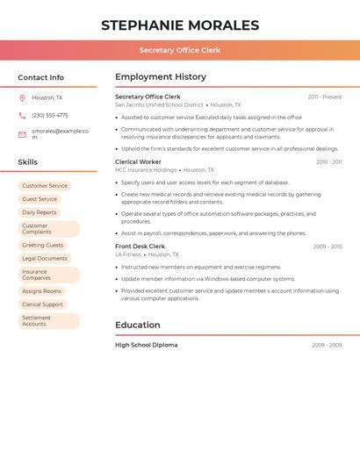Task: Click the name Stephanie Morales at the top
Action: [180, 25]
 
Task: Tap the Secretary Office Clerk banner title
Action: [180, 50]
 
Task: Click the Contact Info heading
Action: [41, 77]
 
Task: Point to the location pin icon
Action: [22, 98]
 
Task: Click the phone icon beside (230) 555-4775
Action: [22, 115]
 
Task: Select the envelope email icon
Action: [22, 134]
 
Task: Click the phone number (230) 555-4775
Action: [50, 115]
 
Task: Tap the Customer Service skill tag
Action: [45, 186]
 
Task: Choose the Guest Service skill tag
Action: [40, 199]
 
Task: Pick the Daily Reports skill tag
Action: [40, 212]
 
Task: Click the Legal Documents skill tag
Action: [45, 259]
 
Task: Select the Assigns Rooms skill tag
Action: [42, 291]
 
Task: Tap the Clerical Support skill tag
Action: [42, 304]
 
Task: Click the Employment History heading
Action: [161, 77]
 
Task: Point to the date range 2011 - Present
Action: [325, 97]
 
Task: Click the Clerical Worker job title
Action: [138, 162]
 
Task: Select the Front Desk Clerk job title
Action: [140, 247]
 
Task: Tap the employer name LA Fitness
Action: [128, 254]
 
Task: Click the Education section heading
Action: [138, 325]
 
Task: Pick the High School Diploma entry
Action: [146, 345]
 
